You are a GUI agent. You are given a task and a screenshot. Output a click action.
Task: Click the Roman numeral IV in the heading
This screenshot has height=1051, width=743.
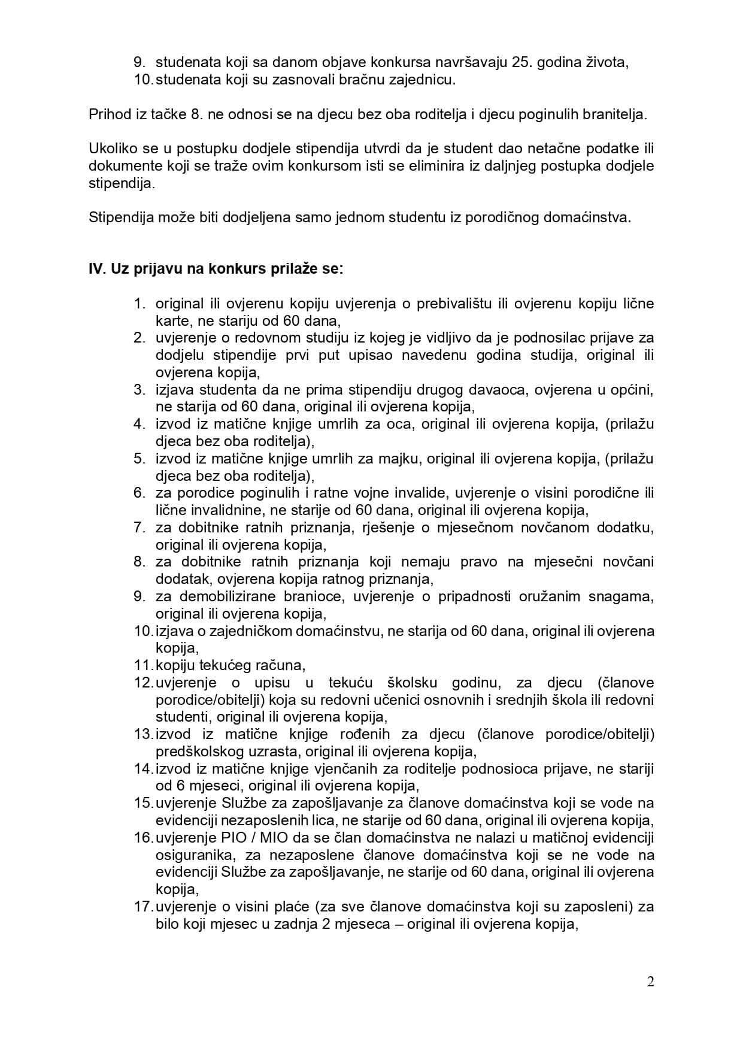(96, 269)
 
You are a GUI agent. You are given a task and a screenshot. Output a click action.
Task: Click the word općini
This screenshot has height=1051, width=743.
(630, 390)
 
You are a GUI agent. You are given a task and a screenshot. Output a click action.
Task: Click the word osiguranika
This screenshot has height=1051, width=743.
(194, 855)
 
